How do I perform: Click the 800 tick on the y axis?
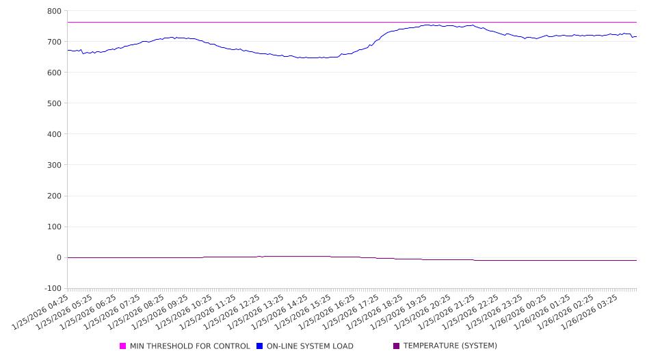coord(53,11)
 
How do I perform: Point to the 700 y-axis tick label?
coord(53,42)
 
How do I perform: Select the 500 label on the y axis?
coord(53,103)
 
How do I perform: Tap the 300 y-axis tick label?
coord(53,165)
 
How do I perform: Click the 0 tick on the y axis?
coord(58,258)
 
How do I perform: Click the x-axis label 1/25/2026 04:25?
coord(40,313)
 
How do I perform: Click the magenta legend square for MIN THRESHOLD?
coord(123,346)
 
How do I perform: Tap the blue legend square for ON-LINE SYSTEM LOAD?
coord(260,346)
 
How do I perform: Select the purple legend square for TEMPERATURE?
coord(397,346)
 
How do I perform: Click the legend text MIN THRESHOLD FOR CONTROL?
coord(189,346)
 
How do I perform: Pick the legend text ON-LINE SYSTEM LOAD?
coord(310,346)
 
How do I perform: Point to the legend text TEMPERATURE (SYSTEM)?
coord(450,346)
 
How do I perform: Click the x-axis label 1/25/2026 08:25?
coord(136,313)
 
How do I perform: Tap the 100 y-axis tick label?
coord(53,227)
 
